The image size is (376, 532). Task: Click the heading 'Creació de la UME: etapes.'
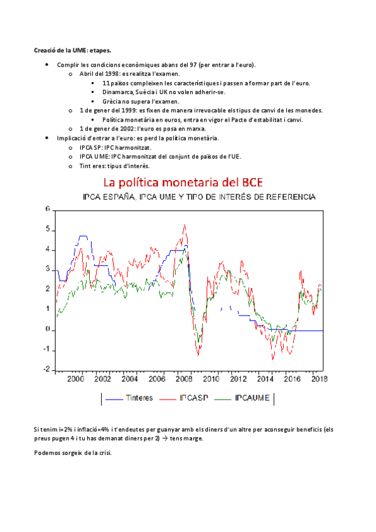[x=72, y=50]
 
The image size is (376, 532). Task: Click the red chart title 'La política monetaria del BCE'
[x=182, y=183]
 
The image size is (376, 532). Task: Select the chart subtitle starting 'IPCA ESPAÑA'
[x=199, y=197]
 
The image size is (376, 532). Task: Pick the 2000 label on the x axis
[x=75, y=380]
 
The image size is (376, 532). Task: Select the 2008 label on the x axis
[x=183, y=380]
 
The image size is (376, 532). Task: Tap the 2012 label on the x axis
[x=237, y=380]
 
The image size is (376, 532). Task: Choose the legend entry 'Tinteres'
[x=141, y=398]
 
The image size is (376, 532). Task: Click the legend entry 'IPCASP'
[x=195, y=398]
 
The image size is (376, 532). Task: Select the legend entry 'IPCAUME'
[x=252, y=398]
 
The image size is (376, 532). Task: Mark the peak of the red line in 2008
[x=185, y=225]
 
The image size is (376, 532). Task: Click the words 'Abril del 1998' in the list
[x=100, y=73]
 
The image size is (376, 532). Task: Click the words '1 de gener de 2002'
[x=108, y=129]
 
